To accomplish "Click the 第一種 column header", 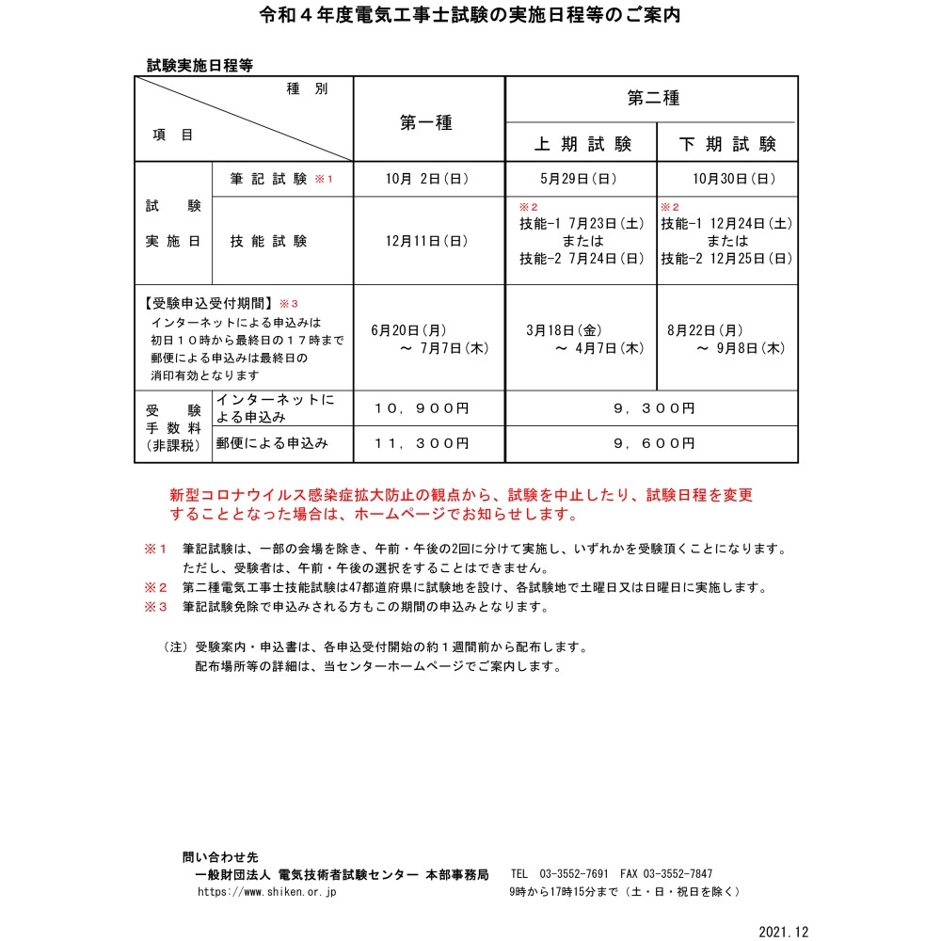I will tap(426, 121).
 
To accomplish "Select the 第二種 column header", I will tap(653, 98).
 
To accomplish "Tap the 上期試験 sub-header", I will tap(582, 144).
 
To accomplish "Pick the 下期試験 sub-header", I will tap(727, 144).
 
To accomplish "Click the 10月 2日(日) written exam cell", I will tap(427, 179).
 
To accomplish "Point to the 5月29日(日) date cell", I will tap(582, 179).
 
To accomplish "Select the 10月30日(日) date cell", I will tap(727, 179).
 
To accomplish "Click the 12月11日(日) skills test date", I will tap(427, 241).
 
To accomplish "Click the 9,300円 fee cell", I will tap(653, 408).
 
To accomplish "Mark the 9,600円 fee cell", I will tap(653, 442).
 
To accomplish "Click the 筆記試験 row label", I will tap(268, 179).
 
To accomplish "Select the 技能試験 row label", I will tap(268, 241).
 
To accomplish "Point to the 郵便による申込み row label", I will tap(272, 442).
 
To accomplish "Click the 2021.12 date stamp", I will tap(783, 931).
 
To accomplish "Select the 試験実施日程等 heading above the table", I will tap(199, 65).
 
